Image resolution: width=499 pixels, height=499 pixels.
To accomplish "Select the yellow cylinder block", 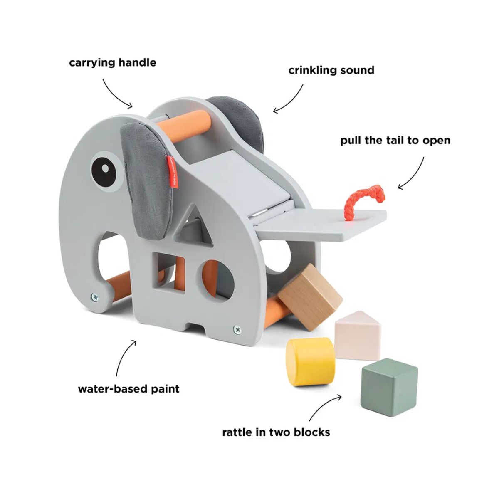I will tap(310, 361).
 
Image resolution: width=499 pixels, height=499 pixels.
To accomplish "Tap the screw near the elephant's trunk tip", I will tap(96, 297).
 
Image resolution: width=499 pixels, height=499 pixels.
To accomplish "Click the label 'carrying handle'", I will tap(113, 63).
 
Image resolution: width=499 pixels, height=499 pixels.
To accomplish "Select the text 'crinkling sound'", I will tap(331, 70).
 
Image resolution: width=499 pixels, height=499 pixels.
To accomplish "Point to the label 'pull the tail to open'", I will tap(395, 141).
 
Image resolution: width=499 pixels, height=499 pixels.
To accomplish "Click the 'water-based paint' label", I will tap(129, 389).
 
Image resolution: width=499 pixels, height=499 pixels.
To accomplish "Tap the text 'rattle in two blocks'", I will tap(276, 432).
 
